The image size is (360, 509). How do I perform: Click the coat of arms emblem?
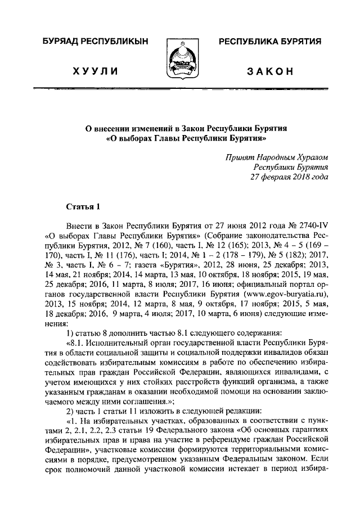coord(180,56)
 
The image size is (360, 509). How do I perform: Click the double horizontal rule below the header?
coord(180,89)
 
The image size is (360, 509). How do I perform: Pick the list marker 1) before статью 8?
coord(69,333)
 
